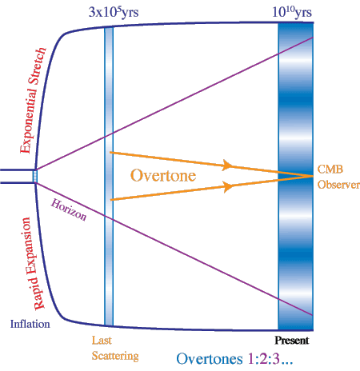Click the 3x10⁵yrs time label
click(114, 12)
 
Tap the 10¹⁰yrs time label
click(292, 12)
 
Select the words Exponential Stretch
click(34, 100)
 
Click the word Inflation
click(30, 324)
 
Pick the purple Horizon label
click(69, 210)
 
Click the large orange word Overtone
click(163, 175)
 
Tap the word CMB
click(330, 170)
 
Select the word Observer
click(338, 185)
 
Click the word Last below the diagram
click(102, 341)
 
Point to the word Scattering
click(115, 357)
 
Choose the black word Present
click(292, 341)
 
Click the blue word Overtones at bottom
click(210, 359)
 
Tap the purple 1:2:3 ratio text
click(264, 359)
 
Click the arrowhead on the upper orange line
click(227, 165)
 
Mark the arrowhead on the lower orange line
click(227, 186)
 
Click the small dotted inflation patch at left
click(35, 176)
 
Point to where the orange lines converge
click(313, 176)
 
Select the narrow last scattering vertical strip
click(109, 176)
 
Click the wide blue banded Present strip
click(295, 177)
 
